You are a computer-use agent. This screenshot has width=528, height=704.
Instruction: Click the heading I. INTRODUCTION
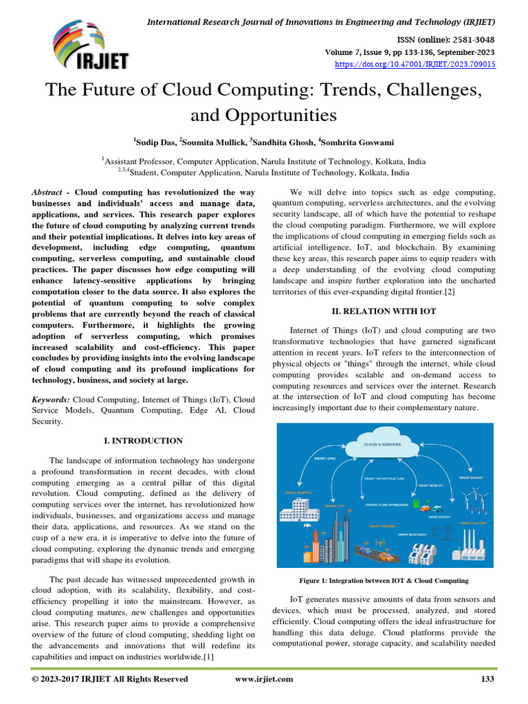pyautogui.click(x=142, y=441)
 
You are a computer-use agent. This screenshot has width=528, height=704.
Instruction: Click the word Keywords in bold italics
pyautogui.click(x=51, y=399)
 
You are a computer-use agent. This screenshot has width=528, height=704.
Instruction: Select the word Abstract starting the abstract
pyautogui.click(x=50, y=193)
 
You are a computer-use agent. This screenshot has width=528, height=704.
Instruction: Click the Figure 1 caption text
pyautogui.click(x=389, y=581)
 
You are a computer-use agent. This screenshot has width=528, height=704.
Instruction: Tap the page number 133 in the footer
pyautogui.click(x=486, y=679)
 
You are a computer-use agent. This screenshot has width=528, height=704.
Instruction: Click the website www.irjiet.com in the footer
pyautogui.click(x=264, y=679)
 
